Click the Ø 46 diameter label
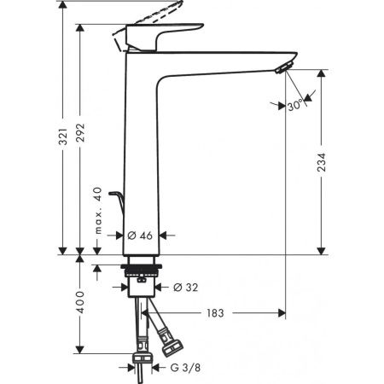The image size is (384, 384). [140, 234]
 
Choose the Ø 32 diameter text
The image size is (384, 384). [186, 288]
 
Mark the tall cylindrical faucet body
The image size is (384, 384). [141, 154]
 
